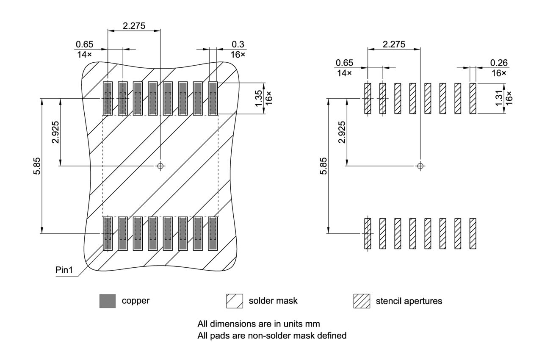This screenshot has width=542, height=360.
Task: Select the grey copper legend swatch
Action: (108, 301)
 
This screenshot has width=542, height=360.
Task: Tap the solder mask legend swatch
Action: (235, 301)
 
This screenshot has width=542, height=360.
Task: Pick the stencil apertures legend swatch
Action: (362, 301)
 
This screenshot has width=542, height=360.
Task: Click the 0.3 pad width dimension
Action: (238, 44)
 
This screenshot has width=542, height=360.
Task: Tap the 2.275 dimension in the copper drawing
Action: (134, 26)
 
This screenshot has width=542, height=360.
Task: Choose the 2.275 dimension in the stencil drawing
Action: (394, 44)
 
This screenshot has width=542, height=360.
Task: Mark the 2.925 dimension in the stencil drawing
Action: (342, 132)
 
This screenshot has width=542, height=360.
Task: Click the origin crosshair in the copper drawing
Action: (160, 166)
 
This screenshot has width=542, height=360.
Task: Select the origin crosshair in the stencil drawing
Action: (420, 166)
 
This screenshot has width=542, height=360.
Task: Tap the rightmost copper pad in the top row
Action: (213, 98)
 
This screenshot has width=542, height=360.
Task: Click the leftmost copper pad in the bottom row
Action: (108, 233)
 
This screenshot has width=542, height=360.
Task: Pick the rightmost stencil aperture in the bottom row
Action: (473, 233)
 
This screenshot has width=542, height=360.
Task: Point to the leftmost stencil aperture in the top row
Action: (368, 98)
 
